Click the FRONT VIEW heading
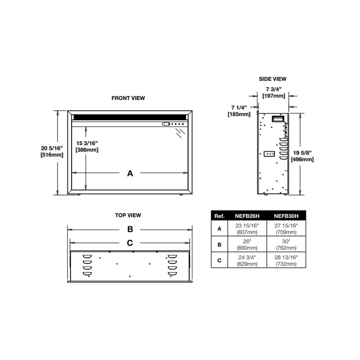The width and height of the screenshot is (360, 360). [128, 98]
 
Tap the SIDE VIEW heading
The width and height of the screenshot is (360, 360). [273, 79]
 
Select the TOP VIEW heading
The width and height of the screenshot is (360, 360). [128, 215]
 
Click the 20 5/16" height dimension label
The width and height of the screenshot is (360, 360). [52, 152]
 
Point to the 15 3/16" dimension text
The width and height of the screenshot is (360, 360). [87, 147]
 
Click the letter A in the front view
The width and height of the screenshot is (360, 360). [130, 173]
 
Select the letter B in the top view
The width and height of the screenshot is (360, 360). [130, 229]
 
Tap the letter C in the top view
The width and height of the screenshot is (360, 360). [130, 243]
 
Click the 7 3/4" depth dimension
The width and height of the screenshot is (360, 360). [274, 93]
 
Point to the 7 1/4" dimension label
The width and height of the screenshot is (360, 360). [239, 111]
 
